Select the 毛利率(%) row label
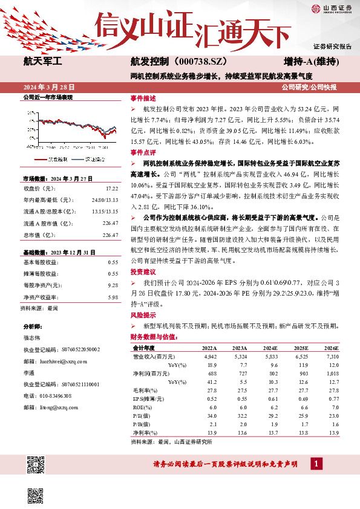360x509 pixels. pos(143,391)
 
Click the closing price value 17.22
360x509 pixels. pos(113,189)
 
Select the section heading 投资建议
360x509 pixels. pos(143,272)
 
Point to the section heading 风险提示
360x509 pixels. pos(143,316)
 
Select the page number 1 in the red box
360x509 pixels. pos(315,464)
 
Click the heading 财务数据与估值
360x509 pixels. pos(153,337)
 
